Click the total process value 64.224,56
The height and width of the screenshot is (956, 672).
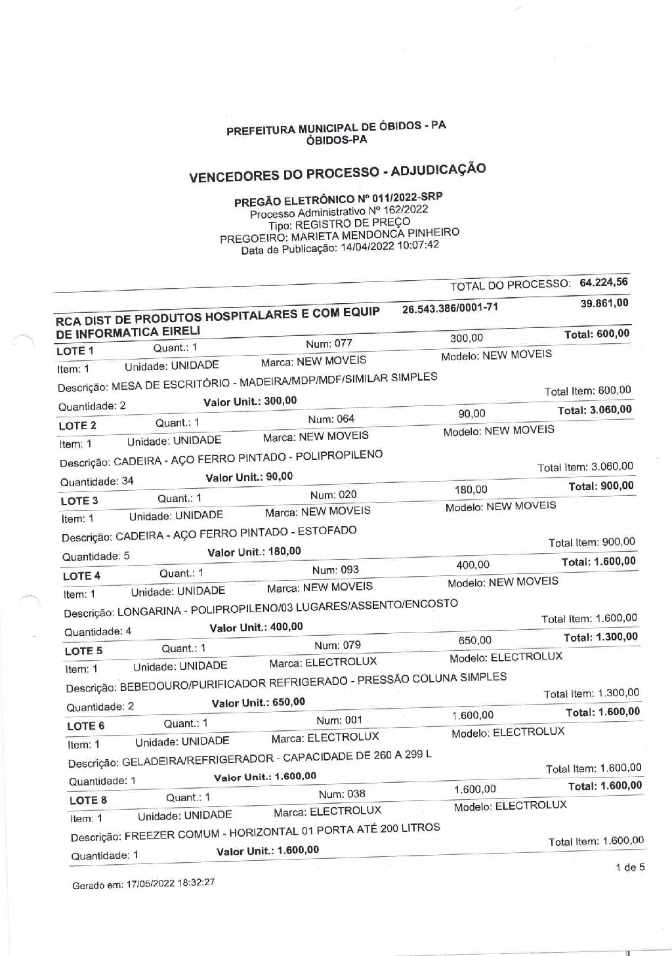pyautogui.click(x=604, y=282)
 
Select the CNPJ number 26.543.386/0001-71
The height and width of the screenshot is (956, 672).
pyautogui.click(x=450, y=308)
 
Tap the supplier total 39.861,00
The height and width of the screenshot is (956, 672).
pyautogui.click(x=604, y=302)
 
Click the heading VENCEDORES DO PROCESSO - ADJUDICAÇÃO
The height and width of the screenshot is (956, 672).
pyautogui.click(x=337, y=173)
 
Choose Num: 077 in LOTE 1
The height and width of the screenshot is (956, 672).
pyautogui.click(x=329, y=343)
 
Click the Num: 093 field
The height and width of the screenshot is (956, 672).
pyautogui.click(x=335, y=570)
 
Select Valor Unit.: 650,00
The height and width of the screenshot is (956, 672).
pyautogui.click(x=258, y=702)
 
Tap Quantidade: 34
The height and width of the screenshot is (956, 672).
pyautogui.click(x=96, y=481)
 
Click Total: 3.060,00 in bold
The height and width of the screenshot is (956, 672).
pyautogui.click(x=595, y=410)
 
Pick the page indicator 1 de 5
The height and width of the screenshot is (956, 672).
pyautogui.click(x=630, y=867)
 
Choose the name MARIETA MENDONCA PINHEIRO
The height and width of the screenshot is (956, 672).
pyautogui.click(x=375, y=235)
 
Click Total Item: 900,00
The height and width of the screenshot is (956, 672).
pyautogui.click(x=591, y=542)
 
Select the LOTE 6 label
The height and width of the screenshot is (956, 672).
pyautogui.click(x=85, y=726)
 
